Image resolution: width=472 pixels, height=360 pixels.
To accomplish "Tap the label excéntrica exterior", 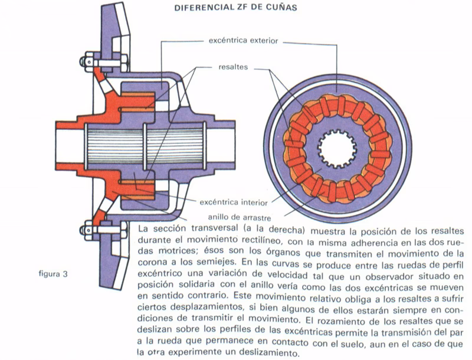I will pyautogui.click(x=244, y=41).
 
